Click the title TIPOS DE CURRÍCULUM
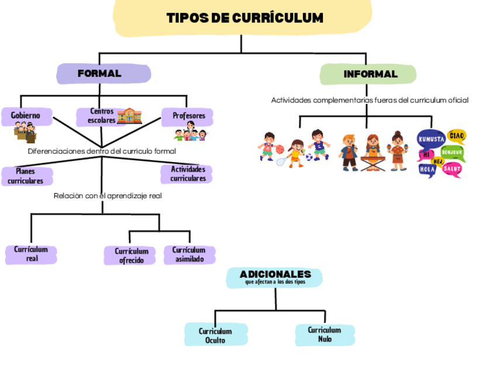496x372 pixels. tap(244, 18)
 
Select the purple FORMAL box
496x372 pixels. tap(103, 74)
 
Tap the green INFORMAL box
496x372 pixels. tap(368, 74)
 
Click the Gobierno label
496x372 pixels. tap(26, 115)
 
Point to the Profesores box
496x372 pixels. tap(188, 116)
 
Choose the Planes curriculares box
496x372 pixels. tap(26, 176)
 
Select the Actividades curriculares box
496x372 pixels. tap(187, 174)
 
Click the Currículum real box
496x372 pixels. tap(32, 254)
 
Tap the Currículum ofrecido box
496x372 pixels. tap(131, 256)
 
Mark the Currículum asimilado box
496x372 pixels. tap(189, 254)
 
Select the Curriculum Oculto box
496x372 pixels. tap(215, 335)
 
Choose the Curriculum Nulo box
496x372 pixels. tap(324, 335)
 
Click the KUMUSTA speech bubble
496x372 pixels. tap(431, 139)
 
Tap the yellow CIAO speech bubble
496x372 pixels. tap(456, 136)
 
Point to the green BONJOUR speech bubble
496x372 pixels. tap(452, 153)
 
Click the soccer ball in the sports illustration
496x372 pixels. tap(309, 157)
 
